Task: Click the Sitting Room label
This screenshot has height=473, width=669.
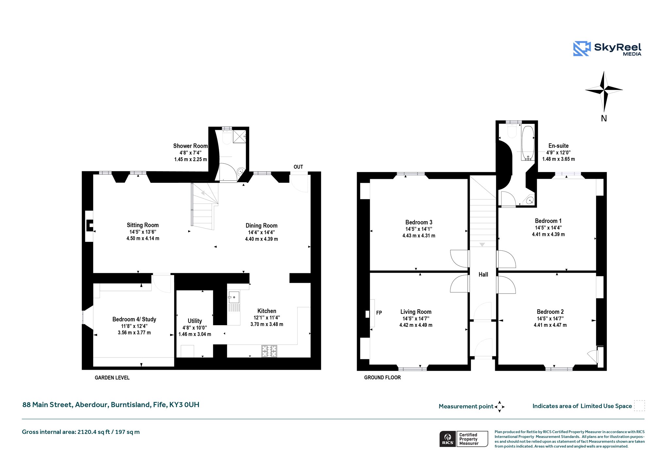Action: point(143,225)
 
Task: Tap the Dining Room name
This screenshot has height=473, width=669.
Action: point(261,226)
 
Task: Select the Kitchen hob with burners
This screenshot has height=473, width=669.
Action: point(269,351)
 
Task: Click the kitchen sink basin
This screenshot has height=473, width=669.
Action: point(234,297)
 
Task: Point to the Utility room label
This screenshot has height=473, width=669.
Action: point(195,321)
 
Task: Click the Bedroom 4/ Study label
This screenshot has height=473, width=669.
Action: point(134,319)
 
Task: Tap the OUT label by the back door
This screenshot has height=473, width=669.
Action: point(298,167)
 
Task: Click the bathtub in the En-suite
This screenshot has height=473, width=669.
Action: point(528,143)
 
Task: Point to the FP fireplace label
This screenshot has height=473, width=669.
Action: point(379,313)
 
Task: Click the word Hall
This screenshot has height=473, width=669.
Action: point(483,275)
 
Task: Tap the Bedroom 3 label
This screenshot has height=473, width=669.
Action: point(419,222)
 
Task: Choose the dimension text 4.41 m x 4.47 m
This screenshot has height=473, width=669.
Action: point(550,325)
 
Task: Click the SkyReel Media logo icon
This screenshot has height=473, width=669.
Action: point(582,49)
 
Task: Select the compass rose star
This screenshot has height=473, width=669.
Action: point(604,91)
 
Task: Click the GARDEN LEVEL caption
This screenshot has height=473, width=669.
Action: point(112,378)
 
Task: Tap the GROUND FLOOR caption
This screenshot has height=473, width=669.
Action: point(383,378)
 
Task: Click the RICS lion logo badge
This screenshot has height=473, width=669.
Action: point(448,439)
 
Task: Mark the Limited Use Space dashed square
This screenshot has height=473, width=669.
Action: point(639,406)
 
